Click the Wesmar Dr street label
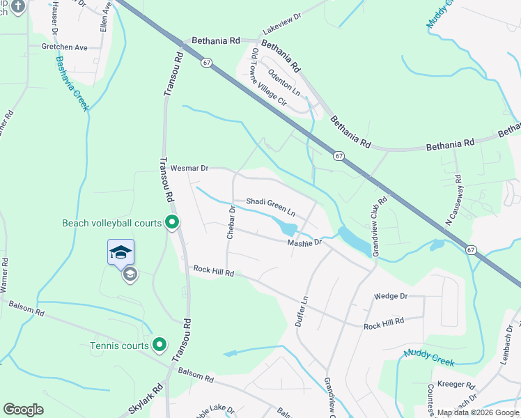pyautogui.click(x=189, y=168)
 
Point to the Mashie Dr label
pyautogui.click(x=304, y=242)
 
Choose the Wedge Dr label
pyautogui.click(x=390, y=296)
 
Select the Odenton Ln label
pyautogui.click(x=284, y=82)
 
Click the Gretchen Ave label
pyautogui.click(x=64, y=47)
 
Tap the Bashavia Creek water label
pyautogui.click(x=72, y=82)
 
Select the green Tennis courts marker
pyautogui.click(x=160, y=344)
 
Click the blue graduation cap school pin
pyautogui.click(x=120, y=251)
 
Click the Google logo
pyautogui.click(x=23, y=410)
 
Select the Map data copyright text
pyautogui.click(x=478, y=412)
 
